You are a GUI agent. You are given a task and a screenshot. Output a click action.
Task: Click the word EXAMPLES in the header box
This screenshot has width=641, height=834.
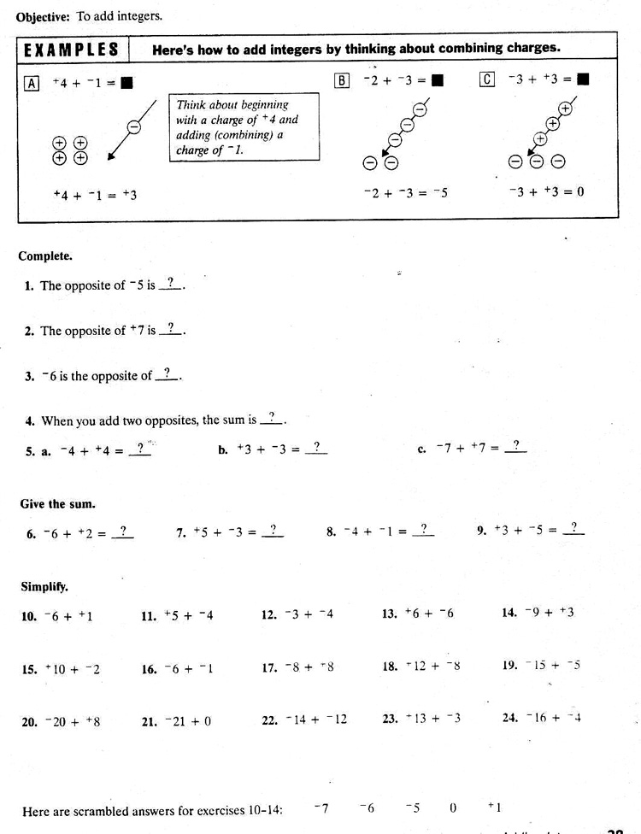pyautogui.click(x=72, y=49)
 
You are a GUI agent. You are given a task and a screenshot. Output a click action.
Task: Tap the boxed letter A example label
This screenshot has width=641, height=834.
pyautogui.click(x=32, y=83)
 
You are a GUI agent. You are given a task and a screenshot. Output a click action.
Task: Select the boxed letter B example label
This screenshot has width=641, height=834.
pyautogui.click(x=343, y=80)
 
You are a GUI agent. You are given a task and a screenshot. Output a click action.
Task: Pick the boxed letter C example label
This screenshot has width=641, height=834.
pyautogui.click(x=487, y=79)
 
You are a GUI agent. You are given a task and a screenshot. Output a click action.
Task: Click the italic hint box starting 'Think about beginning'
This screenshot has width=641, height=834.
pyautogui.click(x=244, y=127)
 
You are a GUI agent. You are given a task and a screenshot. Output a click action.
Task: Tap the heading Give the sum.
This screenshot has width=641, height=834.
pyautogui.click(x=57, y=504)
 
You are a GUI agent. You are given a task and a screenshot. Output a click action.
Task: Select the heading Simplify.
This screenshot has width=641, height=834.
pyautogui.click(x=44, y=587)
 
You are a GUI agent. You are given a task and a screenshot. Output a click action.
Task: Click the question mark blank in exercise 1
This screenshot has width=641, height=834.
pyautogui.click(x=170, y=284)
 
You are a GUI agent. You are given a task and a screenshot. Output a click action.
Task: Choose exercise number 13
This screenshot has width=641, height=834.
pyautogui.click(x=390, y=614)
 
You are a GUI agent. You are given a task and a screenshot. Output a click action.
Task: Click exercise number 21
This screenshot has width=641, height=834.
pyautogui.click(x=150, y=721)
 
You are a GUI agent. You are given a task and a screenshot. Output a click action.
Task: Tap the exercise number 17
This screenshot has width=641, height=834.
pyautogui.click(x=269, y=669)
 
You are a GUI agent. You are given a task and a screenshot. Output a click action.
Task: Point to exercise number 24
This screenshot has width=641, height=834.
pyautogui.click(x=510, y=718)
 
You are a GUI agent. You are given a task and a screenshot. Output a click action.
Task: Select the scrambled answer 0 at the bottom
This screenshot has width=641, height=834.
pyautogui.click(x=453, y=808)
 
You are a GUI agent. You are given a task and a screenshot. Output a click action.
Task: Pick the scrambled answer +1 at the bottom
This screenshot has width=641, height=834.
pyautogui.click(x=494, y=808)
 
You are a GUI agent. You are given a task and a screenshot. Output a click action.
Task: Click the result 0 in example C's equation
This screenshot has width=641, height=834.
pyautogui.click(x=579, y=191)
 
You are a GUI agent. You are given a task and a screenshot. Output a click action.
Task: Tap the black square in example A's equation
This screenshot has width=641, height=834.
pyautogui.click(x=126, y=84)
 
